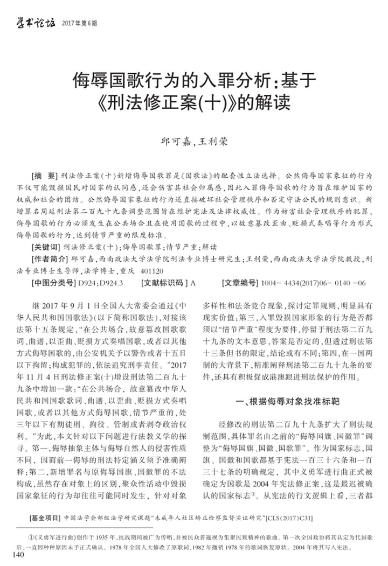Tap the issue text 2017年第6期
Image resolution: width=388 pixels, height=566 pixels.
[80, 23]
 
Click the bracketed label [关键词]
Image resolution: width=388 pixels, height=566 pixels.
[47, 248]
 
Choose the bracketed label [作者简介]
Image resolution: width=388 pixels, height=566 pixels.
[50, 258]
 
